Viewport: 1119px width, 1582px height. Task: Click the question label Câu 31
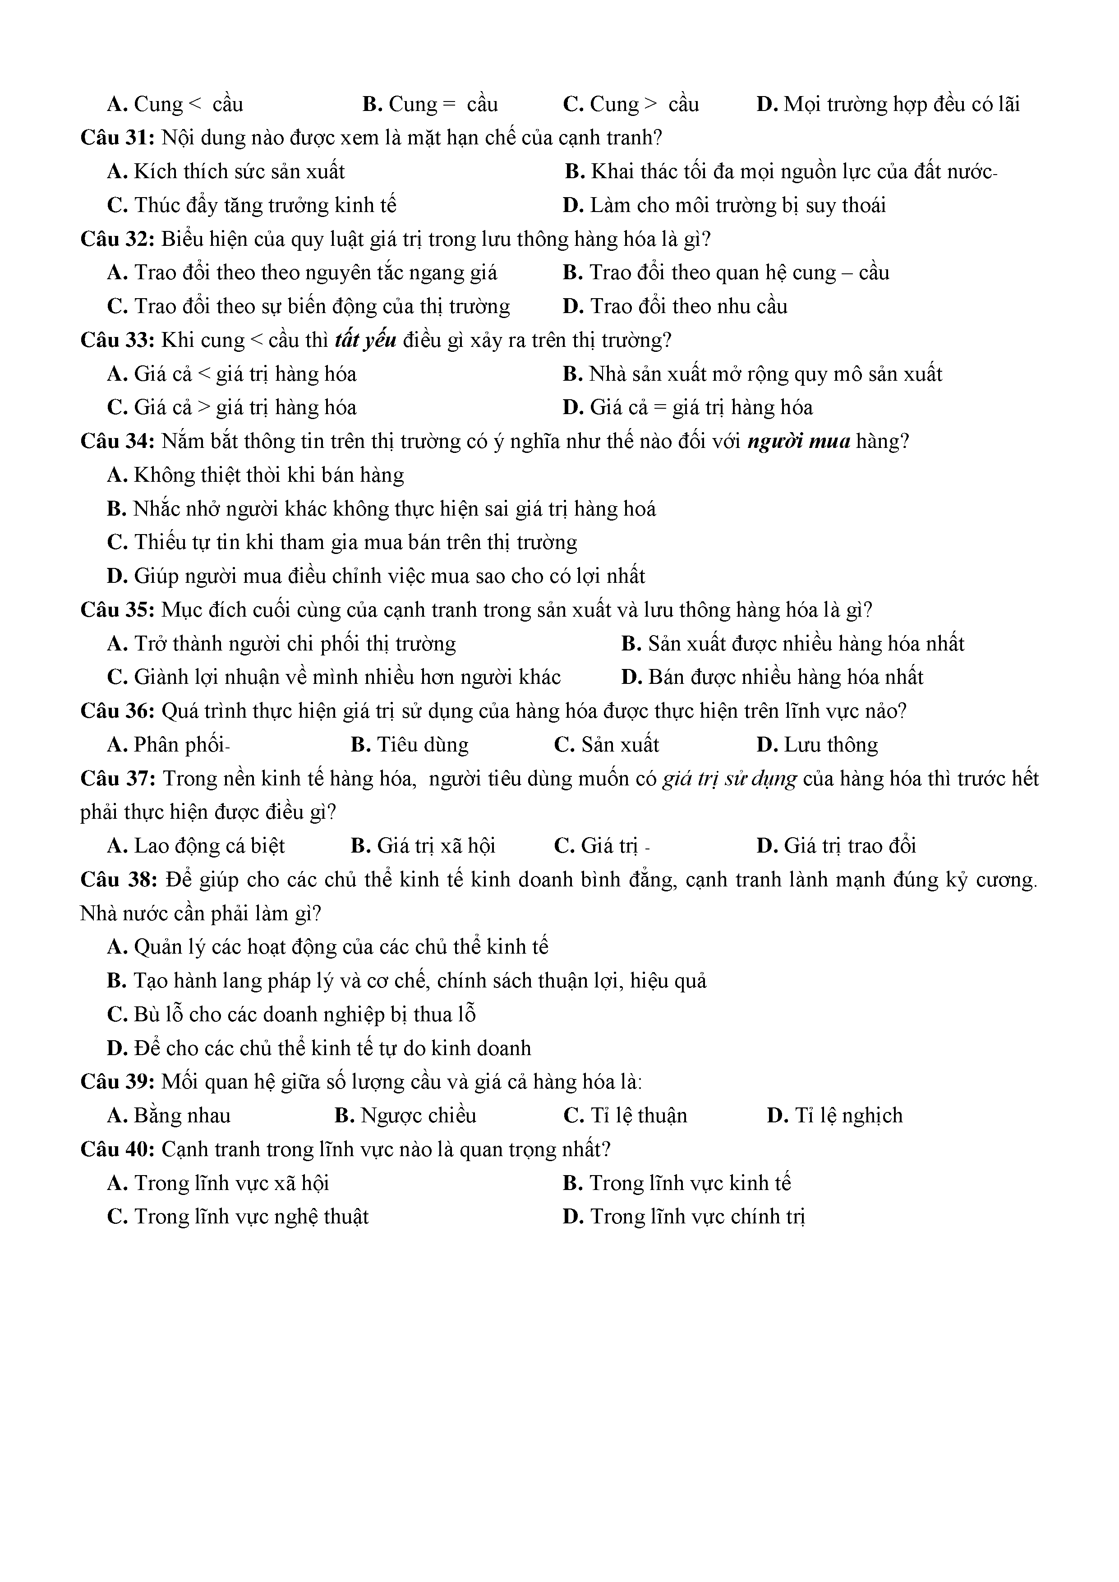coord(117,138)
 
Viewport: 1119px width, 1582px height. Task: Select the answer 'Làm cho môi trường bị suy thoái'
coord(723,205)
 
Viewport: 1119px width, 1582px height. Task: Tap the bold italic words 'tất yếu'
coord(365,341)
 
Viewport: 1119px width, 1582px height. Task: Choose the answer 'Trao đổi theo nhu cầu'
coord(675,307)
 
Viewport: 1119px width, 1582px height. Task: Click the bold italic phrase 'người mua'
coord(799,442)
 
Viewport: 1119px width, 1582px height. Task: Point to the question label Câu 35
coord(117,610)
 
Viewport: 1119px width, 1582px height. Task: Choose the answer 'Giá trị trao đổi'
coord(836,847)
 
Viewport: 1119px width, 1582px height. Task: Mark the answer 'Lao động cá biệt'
coord(196,847)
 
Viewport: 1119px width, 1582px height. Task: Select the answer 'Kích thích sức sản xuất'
coord(226,171)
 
